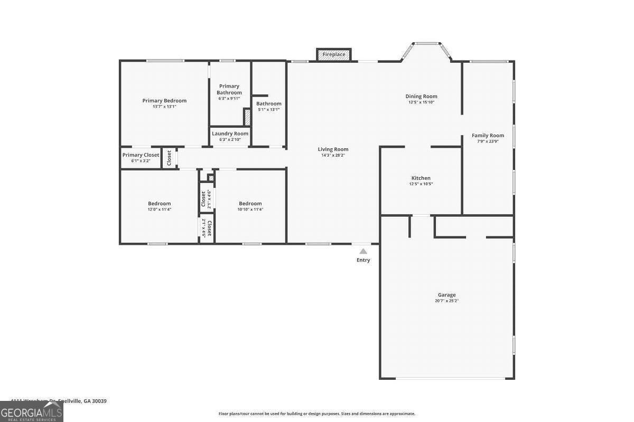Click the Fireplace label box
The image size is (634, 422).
point(334,54)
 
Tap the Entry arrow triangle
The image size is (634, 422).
point(363,252)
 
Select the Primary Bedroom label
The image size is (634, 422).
point(164,101)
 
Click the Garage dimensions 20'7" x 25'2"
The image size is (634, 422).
point(446,301)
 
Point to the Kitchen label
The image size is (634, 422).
point(421,178)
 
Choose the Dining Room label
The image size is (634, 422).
point(421,97)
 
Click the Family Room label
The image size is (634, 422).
point(488,136)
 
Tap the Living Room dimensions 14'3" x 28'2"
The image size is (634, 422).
point(333,155)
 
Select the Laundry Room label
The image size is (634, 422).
point(230,134)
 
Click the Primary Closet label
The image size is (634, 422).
point(141,155)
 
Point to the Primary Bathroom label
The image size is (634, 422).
point(229,89)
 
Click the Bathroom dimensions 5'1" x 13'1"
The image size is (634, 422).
point(269,110)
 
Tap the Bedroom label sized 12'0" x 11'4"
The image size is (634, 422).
point(159,204)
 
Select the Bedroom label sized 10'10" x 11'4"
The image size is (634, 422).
point(250,204)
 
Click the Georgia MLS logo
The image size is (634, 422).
point(31,411)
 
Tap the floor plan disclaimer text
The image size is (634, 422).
point(316,414)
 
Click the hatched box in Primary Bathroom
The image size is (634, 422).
point(246,117)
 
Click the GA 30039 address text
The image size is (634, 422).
point(95,401)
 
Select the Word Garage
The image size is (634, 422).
point(446,295)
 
